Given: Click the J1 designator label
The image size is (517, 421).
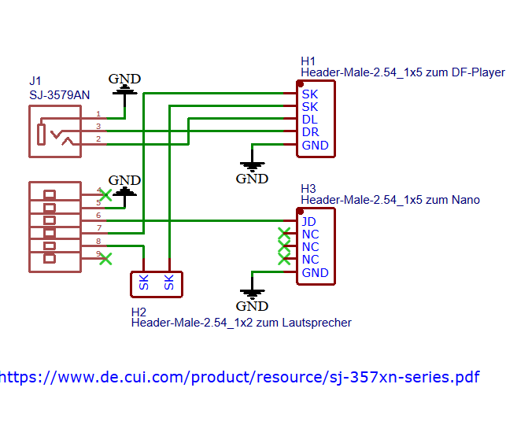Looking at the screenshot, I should [35, 81].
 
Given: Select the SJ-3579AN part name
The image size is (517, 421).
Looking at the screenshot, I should [59, 95].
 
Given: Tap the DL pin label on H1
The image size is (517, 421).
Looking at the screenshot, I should [309, 120].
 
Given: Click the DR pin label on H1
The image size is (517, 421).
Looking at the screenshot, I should [310, 132].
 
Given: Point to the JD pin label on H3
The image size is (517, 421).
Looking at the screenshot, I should [309, 222].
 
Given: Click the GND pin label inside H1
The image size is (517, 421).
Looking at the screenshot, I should [315, 146].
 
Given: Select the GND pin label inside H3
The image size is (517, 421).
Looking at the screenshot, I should [315, 273].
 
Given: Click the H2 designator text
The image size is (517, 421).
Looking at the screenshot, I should [139, 312].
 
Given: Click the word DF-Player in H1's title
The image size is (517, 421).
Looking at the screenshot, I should [478, 72].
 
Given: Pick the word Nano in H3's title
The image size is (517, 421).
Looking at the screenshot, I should [464, 200].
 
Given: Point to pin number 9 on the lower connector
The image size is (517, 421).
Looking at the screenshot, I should [98, 253].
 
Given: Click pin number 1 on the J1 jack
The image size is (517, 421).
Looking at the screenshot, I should [98, 114].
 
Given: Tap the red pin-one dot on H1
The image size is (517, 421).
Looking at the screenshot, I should [301, 83].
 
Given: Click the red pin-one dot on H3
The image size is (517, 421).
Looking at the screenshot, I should [301, 211].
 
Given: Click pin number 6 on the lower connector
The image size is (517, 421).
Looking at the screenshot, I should [98, 215].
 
